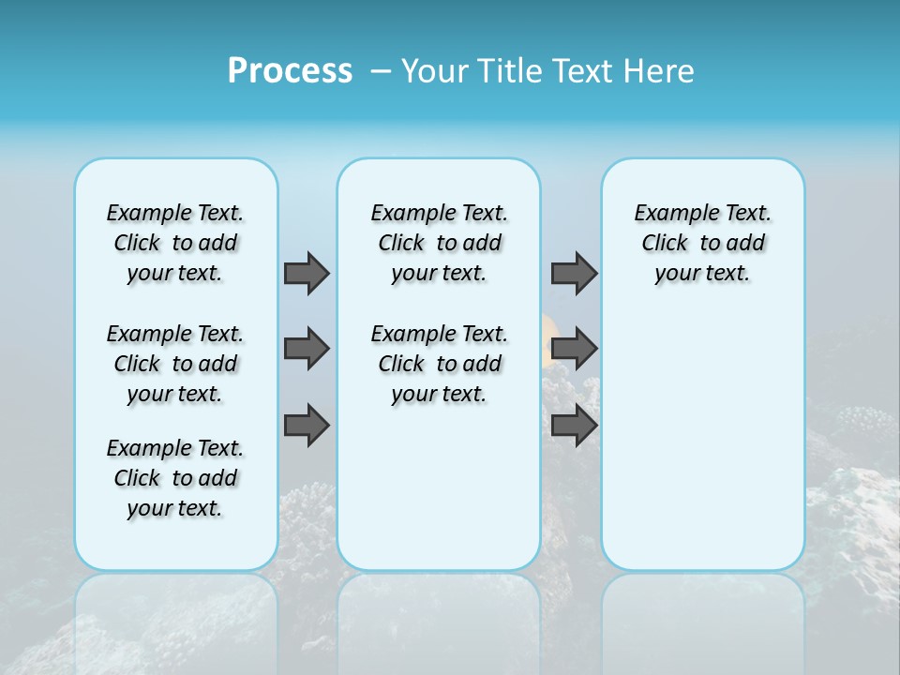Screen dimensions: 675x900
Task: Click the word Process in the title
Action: [x=290, y=71]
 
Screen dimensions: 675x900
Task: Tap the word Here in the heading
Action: [x=656, y=71]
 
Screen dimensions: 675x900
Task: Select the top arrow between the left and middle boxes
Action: [x=307, y=273]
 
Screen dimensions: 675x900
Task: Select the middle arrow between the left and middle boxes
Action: [x=307, y=349]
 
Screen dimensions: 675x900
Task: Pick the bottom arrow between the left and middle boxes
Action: [x=307, y=425]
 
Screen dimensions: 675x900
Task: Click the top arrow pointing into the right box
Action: [x=574, y=273]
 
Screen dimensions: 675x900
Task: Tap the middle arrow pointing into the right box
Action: [x=574, y=349]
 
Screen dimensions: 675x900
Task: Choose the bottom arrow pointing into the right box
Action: [x=574, y=425]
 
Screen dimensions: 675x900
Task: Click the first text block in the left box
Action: [x=175, y=243]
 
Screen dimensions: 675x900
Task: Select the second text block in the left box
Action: [x=175, y=364]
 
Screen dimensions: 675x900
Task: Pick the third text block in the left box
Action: [x=175, y=478]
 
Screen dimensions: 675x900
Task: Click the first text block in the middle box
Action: [x=439, y=243]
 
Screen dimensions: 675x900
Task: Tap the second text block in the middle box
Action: [x=439, y=364]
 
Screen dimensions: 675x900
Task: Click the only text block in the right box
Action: [x=702, y=243]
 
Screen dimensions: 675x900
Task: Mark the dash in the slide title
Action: [x=381, y=71]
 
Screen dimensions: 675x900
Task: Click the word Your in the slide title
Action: [x=435, y=71]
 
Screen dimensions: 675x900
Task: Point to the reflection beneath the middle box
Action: [x=439, y=609]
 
